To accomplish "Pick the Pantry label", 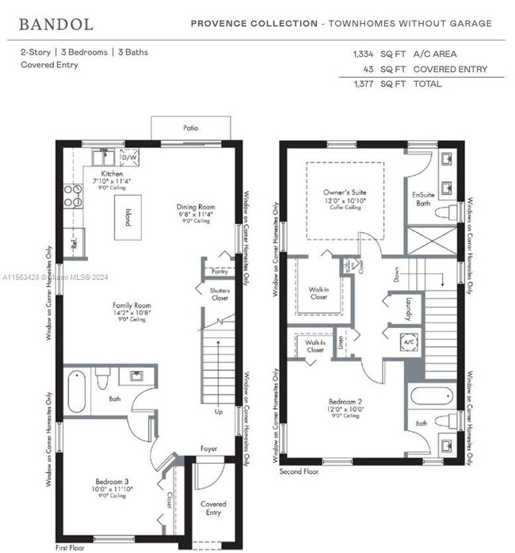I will pyautogui.click(x=219, y=271).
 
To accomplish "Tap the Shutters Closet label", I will pyautogui.click(x=219, y=295).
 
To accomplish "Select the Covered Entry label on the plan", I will pyautogui.click(x=213, y=508).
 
